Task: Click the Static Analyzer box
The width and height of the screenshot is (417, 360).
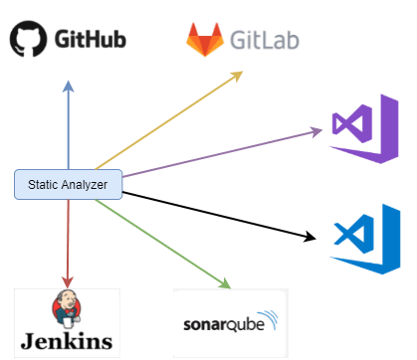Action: tap(68, 184)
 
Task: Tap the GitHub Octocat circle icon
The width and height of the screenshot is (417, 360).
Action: tap(29, 41)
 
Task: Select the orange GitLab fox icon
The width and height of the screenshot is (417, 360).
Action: tap(204, 41)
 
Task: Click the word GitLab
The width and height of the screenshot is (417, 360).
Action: tap(264, 42)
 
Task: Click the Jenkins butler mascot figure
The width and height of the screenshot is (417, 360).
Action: tap(67, 307)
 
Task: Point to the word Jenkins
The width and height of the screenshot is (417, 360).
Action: tap(67, 341)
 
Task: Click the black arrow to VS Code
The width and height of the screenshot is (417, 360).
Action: tap(214, 212)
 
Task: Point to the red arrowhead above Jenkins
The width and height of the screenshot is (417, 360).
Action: tap(68, 283)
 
